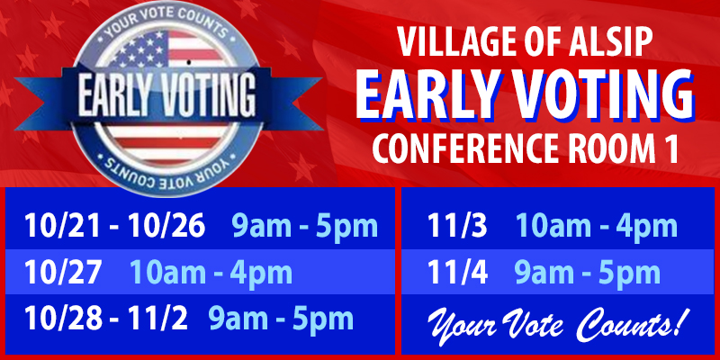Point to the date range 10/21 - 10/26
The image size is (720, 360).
coord(115,225)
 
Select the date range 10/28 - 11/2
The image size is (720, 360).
coord(103,318)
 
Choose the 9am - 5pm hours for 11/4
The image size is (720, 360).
coord(587,272)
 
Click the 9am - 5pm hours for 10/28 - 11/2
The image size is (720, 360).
coord(281,318)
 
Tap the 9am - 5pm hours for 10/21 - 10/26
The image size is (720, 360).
coord(304,225)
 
